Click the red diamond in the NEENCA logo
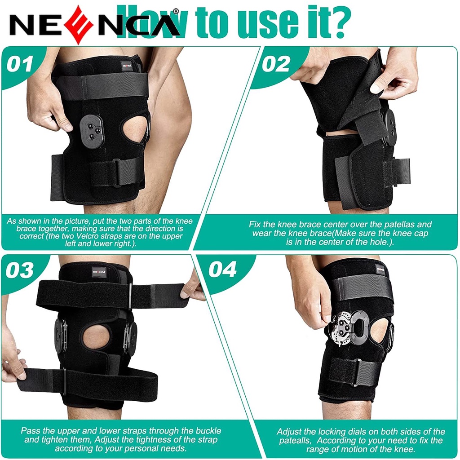click(79, 25)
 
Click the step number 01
click(20, 64)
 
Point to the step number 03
click(19, 270)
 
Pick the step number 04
click(222, 270)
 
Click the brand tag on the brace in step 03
click(99, 272)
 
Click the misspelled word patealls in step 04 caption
click(295, 441)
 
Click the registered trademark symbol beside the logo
click(176, 11)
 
